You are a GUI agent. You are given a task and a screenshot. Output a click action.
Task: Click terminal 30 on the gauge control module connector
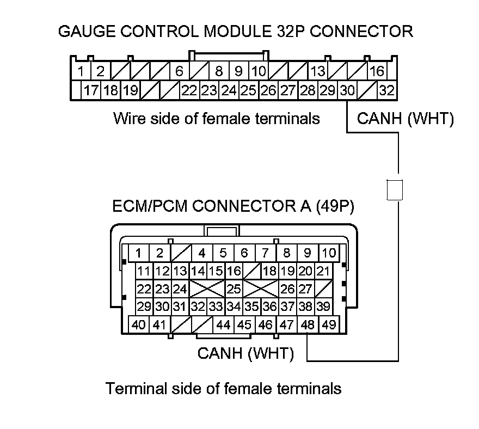pos(347,90)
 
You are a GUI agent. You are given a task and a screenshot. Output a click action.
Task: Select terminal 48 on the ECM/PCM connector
pos(308,325)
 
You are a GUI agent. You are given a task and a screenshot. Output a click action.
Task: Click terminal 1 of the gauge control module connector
pos(81,71)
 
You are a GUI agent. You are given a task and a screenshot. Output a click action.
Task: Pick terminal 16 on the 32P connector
pos(377,71)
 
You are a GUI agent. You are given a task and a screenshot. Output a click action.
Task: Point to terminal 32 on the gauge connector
pos(386,90)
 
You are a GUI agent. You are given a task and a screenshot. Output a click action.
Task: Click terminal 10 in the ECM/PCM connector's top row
pos(329,253)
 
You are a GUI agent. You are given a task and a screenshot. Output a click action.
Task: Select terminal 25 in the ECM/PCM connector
pos(234,289)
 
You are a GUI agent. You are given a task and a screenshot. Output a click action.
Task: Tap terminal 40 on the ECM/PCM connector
pos(139,325)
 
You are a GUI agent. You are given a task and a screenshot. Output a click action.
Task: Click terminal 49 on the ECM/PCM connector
pos(329,325)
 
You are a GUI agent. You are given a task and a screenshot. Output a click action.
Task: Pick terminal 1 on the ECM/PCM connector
pos(139,253)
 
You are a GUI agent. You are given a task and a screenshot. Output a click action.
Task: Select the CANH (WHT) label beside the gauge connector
pos(405,119)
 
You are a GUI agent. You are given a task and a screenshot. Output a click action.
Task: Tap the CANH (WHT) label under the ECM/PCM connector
pos(245,354)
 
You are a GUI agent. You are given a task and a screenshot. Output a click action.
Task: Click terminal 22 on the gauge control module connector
pos(189,90)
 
